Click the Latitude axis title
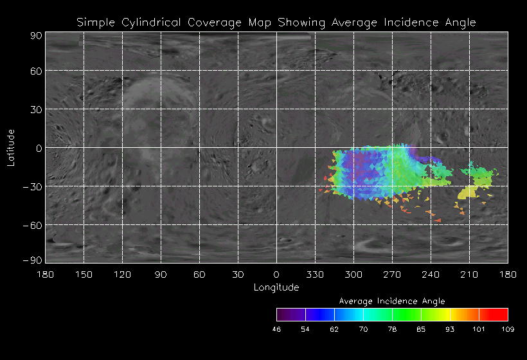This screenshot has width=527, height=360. pyautogui.click(x=11, y=147)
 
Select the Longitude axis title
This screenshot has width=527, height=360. pyautogui.click(x=276, y=287)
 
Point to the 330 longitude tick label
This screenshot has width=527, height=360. pyautogui.click(x=315, y=275)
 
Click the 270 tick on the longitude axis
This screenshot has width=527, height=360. pyautogui.click(x=392, y=275)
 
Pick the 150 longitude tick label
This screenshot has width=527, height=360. pyautogui.click(x=84, y=275)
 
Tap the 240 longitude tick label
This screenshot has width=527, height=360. pyautogui.click(x=431, y=275)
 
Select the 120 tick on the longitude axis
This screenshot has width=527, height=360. pyautogui.click(x=122, y=275)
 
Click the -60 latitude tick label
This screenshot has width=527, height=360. pyautogui.click(x=33, y=225)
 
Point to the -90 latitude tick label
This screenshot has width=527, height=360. pyautogui.click(x=33, y=260)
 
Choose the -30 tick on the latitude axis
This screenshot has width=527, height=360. pyautogui.click(x=33, y=186)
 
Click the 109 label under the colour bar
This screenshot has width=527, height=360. pyautogui.click(x=508, y=329)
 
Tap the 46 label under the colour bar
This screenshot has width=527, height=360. pyautogui.click(x=277, y=329)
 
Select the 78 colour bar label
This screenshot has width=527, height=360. pyautogui.click(x=392, y=329)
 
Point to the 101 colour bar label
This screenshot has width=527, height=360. pyautogui.click(x=479, y=329)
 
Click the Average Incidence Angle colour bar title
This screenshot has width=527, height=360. pyautogui.click(x=392, y=301)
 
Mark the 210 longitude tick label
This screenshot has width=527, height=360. pyautogui.click(x=469, y=275)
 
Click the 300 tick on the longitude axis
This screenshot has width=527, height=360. pyautogui.click(x=353, y=275)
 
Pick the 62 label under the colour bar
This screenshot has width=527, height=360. pyautogui.click(x=334, y=329)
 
